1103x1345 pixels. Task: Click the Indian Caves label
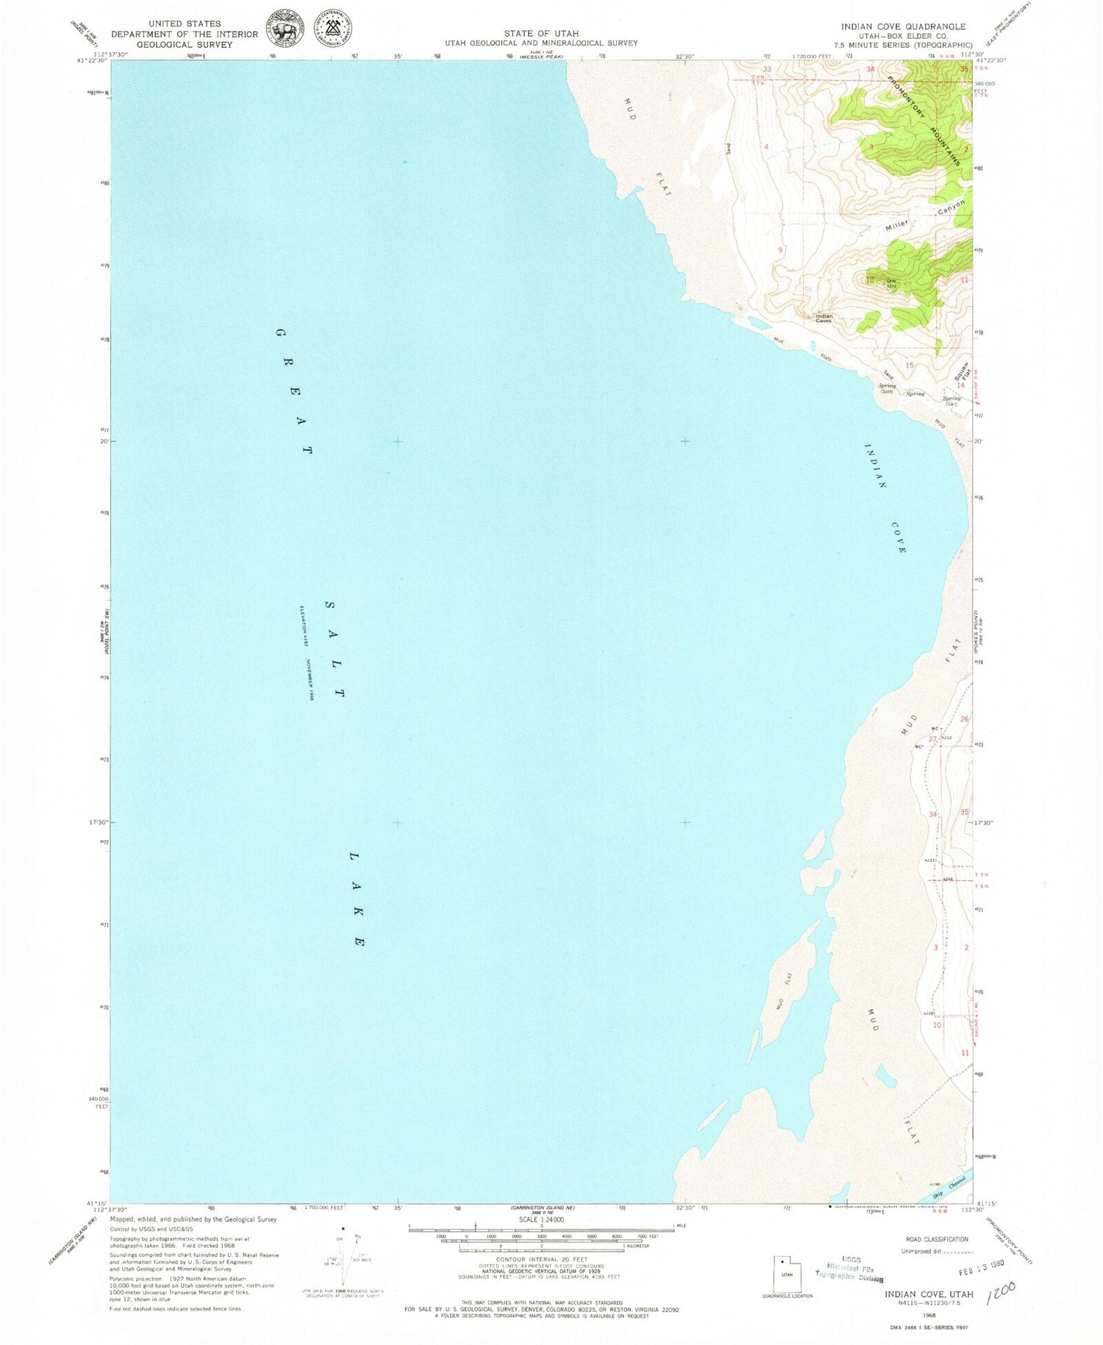click(x=823, y=318)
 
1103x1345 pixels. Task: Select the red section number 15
click(x=910, y=365)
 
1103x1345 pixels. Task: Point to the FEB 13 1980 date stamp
click(x=981, y=1270)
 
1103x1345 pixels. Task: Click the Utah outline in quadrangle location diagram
click(x=786, y=1273)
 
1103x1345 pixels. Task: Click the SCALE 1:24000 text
click(x=541, y=1219)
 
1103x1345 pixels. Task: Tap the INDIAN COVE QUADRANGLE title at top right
click(x=903, y=26)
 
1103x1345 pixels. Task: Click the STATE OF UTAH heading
click(x=540, y=33)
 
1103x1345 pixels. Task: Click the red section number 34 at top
click(x=870, y=69)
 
